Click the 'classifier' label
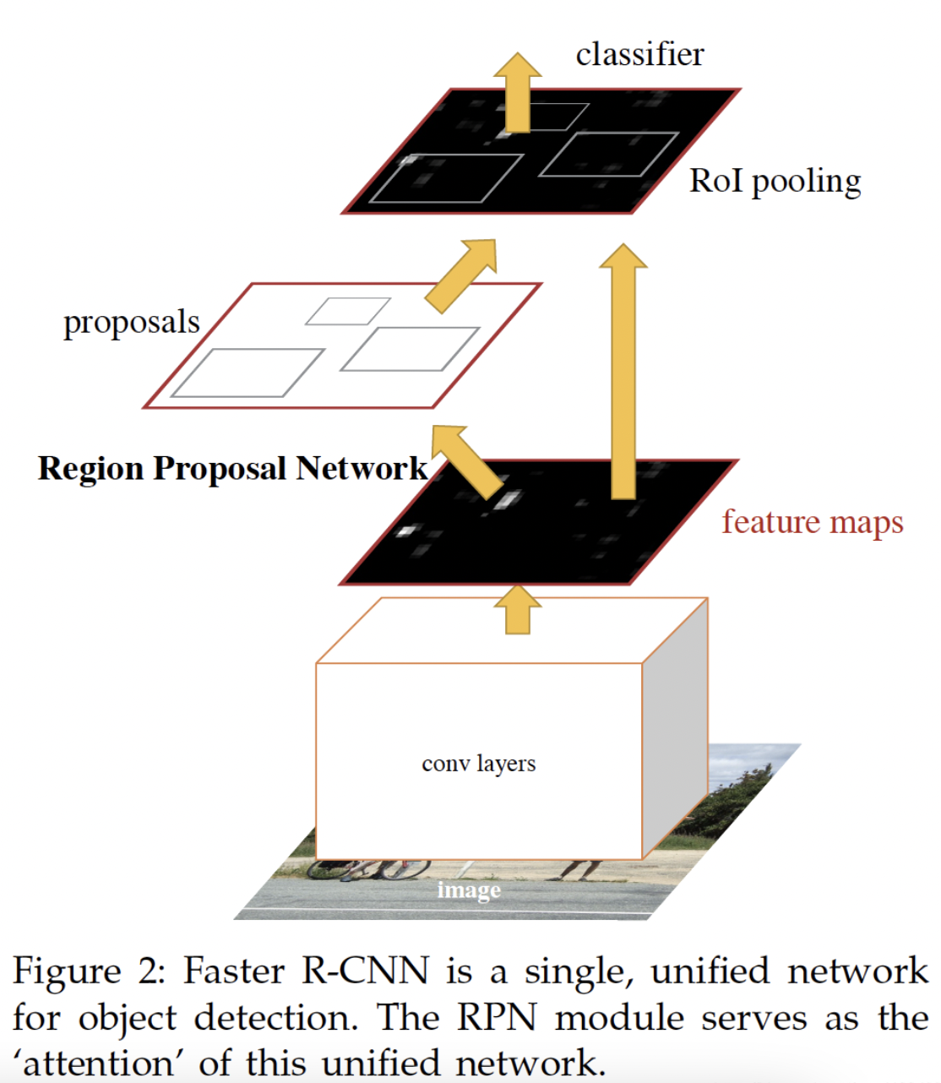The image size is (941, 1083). [x=639, y=55]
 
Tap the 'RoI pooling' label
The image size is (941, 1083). [x=775, y=182]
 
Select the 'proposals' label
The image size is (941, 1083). [x=132, y=323]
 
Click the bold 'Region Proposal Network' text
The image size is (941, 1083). [x=232, y=469]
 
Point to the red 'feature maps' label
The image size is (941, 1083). [x=813, y=522]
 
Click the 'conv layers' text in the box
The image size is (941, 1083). [x=479, y=764]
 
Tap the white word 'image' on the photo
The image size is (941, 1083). [x=469, y=890]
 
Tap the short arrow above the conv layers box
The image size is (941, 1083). [x=517, y=610]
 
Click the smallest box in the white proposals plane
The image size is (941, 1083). [x=347, y=311]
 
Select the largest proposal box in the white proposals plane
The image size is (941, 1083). [x=247, y=373]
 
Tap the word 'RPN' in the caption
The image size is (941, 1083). [x=496, y=1018]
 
